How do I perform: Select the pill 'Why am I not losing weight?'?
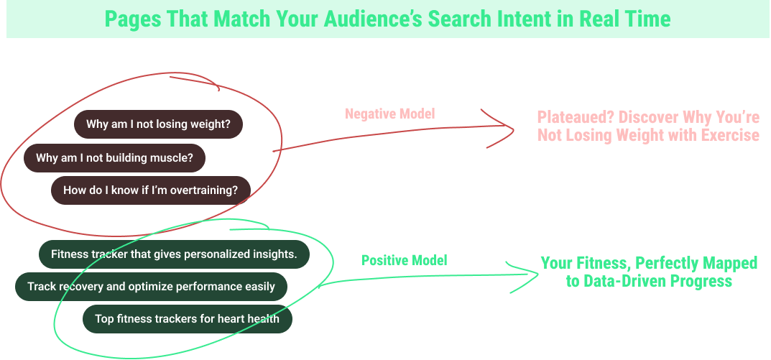158,124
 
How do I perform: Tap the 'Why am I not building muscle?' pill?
114,158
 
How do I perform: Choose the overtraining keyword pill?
150,190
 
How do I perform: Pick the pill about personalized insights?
174,254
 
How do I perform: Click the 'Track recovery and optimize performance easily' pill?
151,287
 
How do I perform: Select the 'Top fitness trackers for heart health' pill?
187,318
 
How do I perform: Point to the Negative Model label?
390,114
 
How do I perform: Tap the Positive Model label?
404,260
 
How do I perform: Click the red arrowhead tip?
516,129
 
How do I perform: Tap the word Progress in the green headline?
701,281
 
